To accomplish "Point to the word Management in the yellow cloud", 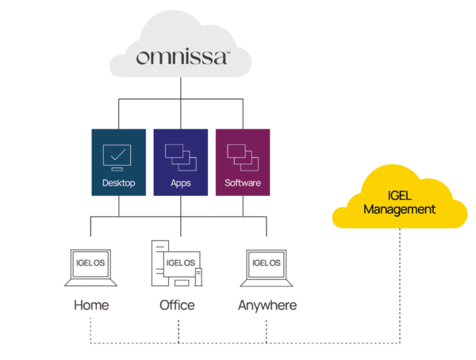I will (399, 210).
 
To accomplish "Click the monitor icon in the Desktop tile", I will (118, 156).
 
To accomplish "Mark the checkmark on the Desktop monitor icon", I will (118, 153).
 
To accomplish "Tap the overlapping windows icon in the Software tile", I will (242, 156).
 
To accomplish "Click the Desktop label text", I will (119, 183).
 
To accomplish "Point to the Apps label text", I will (181, 183).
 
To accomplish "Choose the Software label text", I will (242, 183).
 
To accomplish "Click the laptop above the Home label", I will (90, 267).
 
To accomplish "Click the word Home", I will (90, 304).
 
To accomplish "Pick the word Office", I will (177, 304).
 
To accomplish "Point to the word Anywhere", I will (267, 304).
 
